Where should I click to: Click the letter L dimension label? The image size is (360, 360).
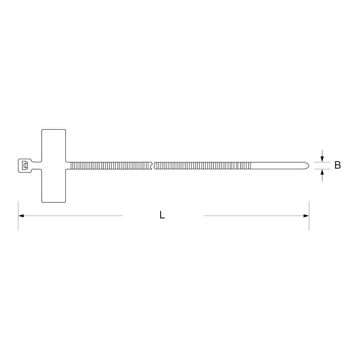(x=162, y=215)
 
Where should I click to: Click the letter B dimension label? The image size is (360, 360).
(x=337, y=165)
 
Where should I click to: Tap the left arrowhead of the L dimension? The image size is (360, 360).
(x=21, y=216)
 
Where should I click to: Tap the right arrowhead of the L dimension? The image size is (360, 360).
(x=306, y=216)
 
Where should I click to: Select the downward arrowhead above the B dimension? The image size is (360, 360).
(x=322, y=159)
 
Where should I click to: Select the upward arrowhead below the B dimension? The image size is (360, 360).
(x=322, y=172)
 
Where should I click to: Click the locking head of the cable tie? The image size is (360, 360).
(x=25, y=166)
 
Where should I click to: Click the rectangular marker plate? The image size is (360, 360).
(x=54, y=166)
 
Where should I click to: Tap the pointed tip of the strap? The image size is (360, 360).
(x=309, y=166)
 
